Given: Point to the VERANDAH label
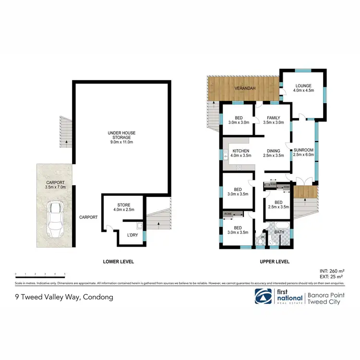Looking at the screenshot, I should click(244, 89).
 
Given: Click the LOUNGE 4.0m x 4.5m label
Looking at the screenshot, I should click(303, 89).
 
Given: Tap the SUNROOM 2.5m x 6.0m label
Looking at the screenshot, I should click(303, 152).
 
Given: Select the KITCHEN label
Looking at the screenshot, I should click(240, 153).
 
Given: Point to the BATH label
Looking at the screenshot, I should click(279, 232).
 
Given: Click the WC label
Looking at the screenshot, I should click(263, 237).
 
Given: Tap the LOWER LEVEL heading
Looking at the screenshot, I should click(119, 262).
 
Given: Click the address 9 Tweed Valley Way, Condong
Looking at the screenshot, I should click(64, 297).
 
